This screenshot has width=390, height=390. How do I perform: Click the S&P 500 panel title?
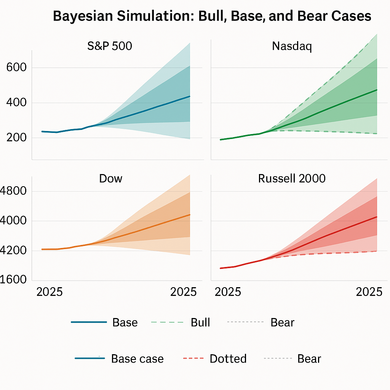[110, 46]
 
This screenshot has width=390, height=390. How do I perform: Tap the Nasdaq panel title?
[292, 46]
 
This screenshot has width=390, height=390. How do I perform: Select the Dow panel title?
[110, 179]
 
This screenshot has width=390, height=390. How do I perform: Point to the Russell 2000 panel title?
[292, 179]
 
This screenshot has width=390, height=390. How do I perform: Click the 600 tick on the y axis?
[16, 68]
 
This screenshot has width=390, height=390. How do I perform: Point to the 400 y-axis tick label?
[16, 103]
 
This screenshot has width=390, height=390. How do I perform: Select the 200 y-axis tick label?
[16, 137]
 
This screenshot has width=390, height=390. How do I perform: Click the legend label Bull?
[200, 323]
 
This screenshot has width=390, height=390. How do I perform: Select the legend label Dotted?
[228, 359]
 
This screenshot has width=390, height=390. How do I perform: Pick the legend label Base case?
[137, 359]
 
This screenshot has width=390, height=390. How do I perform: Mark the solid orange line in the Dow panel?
[152, 226]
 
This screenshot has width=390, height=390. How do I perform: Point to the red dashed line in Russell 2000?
[324, 253]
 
